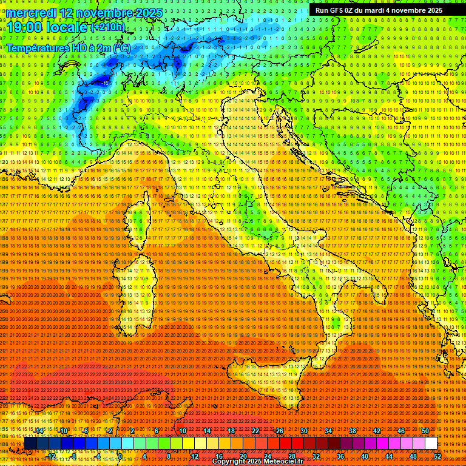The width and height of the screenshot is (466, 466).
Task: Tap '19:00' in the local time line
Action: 28,27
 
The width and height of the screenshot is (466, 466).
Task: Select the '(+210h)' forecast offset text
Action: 108,27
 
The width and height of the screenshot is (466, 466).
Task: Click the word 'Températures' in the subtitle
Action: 37,48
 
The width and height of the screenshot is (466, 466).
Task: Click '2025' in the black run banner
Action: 432,10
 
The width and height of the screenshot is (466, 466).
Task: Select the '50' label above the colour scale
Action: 425,431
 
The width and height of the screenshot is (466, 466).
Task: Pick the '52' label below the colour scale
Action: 437,456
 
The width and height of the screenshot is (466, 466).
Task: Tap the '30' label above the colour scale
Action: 304,431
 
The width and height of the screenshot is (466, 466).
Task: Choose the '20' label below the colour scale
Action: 243,456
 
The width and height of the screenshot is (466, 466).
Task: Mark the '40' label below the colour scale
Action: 365,456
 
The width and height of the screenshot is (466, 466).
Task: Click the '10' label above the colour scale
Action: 183,431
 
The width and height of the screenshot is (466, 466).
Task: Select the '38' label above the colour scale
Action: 353,431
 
